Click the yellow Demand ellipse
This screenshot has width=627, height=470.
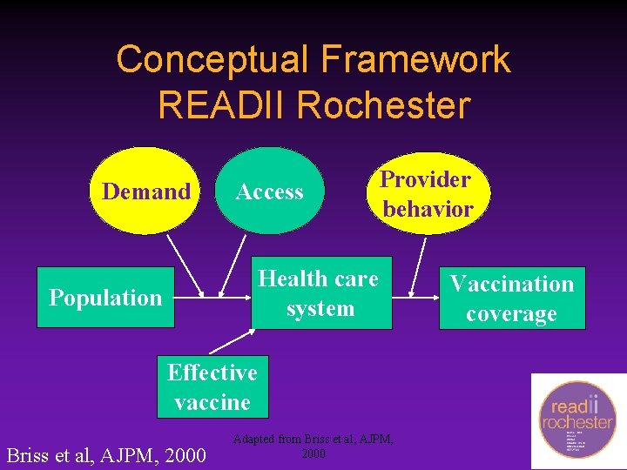pyautogui.click(x=145, y=191)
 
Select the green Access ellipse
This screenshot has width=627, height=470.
pyautogui.click(x=269, y=191)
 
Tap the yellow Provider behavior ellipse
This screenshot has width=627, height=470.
pyautogui.click(x=427, y=193)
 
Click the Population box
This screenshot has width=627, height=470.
pyautogui.click(x=105, y=298)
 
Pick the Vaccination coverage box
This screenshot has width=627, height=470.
pyautogui.click(x=511, y=298)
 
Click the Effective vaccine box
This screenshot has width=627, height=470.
pyautogui.click(x=212, y=386)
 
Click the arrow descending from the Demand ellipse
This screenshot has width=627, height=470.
pyautogui.click(x=185, y=265)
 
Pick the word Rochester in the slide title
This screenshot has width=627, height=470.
pyautogui.click(x=383, y=105)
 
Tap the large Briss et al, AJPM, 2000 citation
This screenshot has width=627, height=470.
pyautogui.click(x=106, y=454)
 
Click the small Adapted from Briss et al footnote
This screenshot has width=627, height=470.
pyautogui.click(x=313, y=446)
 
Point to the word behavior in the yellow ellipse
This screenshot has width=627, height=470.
pyautogui.click(x=428, y=209)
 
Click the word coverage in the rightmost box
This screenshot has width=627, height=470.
pyautogui.click(x=511, y=313)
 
